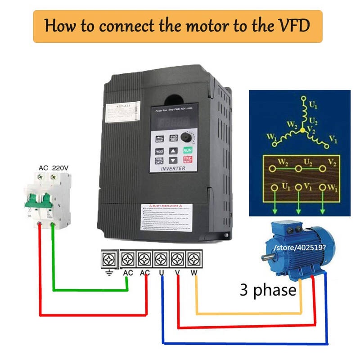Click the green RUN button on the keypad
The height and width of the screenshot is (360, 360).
click(187, 151)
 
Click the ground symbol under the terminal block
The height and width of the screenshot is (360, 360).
click(108, 273)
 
